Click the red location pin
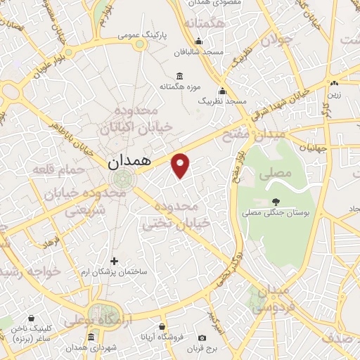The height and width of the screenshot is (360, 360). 181,164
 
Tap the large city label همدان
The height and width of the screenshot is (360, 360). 130,161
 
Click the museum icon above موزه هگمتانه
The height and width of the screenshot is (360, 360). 180,76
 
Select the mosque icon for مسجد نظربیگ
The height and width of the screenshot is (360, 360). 223,91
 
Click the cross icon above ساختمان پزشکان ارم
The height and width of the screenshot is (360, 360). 115,261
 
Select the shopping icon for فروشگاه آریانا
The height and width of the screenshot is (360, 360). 162,327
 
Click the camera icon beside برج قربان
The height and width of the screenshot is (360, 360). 202,337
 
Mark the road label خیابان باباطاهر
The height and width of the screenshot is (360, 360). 73,134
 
